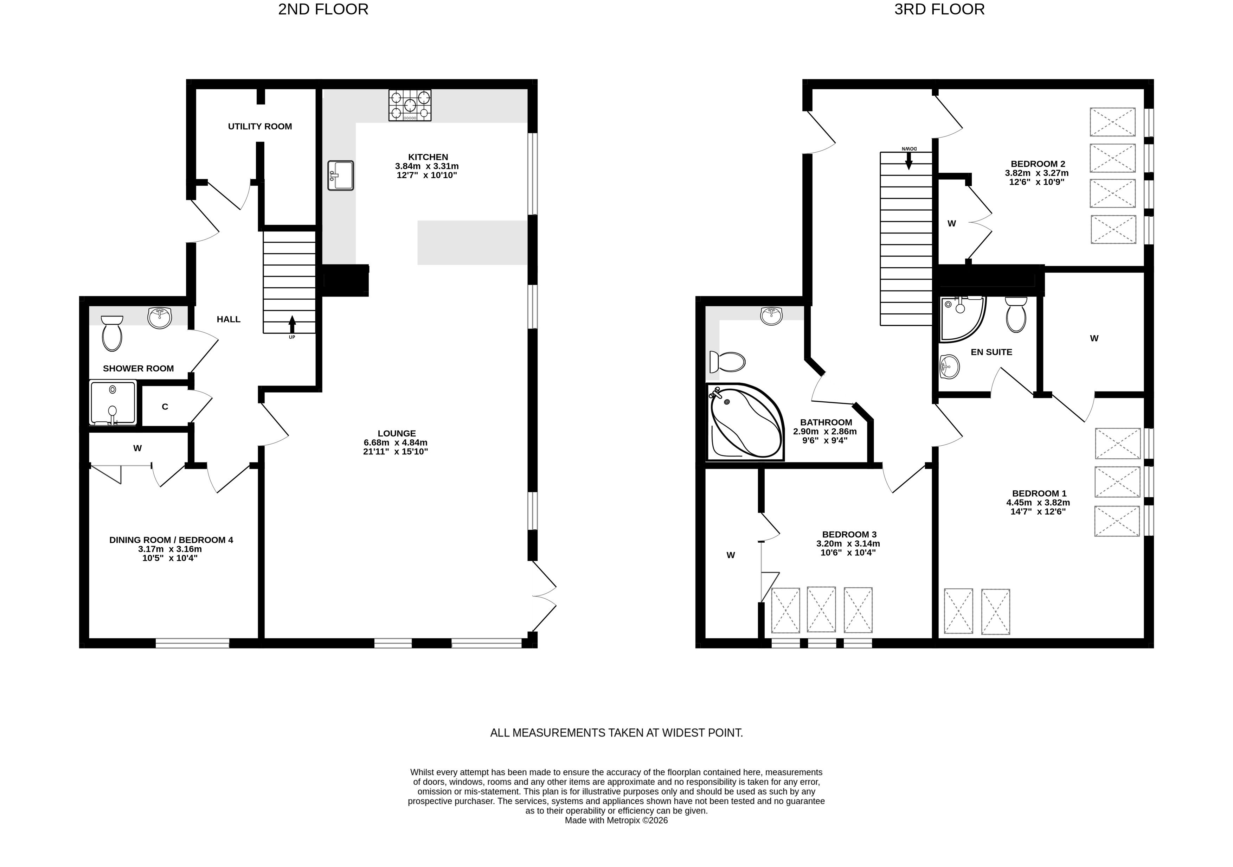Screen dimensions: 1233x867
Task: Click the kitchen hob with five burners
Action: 410,105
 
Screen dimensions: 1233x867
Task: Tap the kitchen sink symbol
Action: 340,175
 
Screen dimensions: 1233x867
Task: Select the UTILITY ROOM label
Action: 260,126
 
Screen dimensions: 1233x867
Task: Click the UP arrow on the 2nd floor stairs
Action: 292,324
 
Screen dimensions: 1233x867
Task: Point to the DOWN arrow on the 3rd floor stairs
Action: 908,161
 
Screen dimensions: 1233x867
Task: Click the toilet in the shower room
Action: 112,333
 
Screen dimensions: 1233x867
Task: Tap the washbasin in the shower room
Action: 160,318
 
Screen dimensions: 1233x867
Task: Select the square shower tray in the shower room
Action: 113,403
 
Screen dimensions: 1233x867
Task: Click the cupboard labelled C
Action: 165,407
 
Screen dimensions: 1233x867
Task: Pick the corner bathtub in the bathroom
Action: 745,422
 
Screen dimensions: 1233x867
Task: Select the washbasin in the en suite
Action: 950,367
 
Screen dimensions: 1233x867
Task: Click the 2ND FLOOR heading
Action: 323,9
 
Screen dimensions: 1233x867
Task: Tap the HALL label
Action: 229,319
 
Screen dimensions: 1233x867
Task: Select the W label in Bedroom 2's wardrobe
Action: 952,223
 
